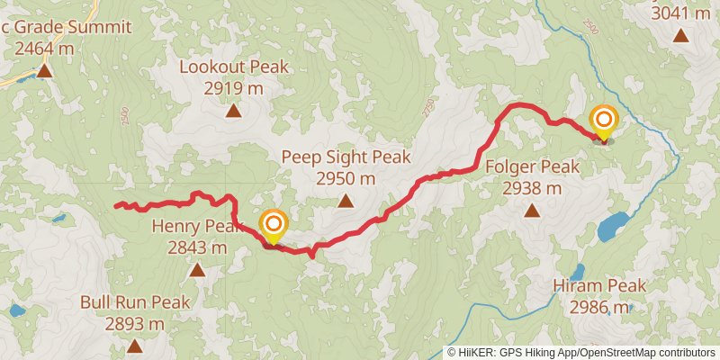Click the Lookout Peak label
coord(233,67)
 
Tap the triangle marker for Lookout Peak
coord(233,112)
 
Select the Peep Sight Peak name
coord(346,157)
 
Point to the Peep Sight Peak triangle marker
coord(346,201)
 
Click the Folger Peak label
coord(532,166)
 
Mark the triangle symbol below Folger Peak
coord(532,211)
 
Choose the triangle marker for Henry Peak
coord(196,270)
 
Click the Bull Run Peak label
coord(134,302)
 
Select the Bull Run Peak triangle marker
coord(134,346)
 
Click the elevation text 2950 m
coord(346,178)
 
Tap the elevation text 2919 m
coord(233,88)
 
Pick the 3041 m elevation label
coord(680,13)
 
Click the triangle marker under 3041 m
coord(680,37)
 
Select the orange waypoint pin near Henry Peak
coord(273,225)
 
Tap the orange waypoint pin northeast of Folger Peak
coord(603,121)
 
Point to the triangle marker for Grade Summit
coord(42,70)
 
